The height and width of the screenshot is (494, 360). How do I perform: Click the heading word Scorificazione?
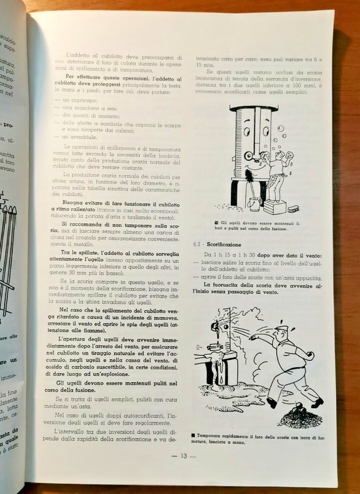point(225,244)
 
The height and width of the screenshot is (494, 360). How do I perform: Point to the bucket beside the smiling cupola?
point(255,205)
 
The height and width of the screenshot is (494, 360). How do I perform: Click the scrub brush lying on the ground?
point(293,209)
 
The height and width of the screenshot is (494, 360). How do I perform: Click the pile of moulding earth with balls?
point(300,417)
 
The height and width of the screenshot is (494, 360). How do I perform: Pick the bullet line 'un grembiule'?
point(78,136)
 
